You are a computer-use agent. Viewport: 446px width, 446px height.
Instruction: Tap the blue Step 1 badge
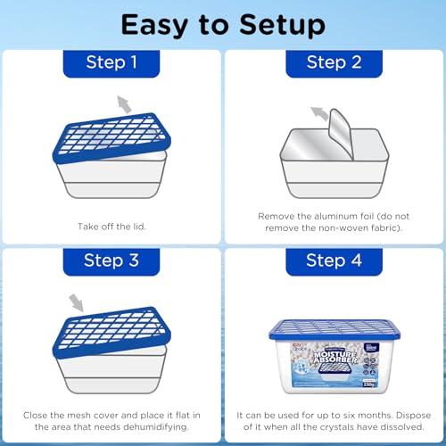click(111, 62)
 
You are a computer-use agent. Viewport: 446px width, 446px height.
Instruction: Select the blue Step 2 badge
click(334, 62)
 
